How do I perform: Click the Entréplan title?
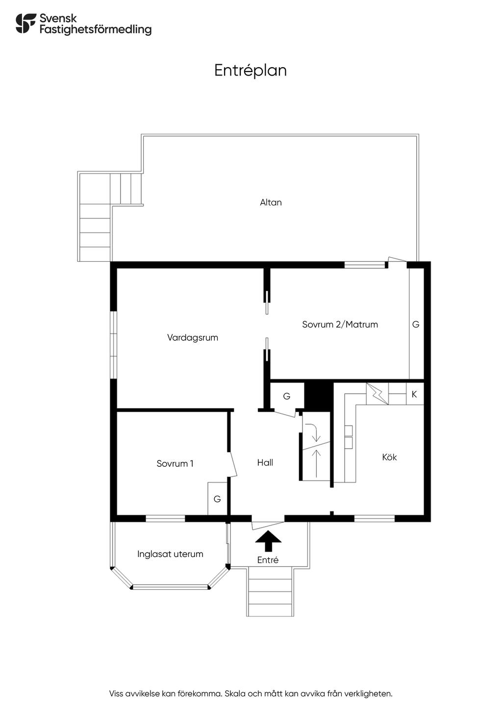[x=250, y=71]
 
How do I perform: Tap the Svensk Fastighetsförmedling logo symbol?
[x=25, y=23]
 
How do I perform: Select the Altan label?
[x=271, y=203]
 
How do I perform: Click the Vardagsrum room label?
[x=192, y=338]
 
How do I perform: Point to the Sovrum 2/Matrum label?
[x=340, y=325]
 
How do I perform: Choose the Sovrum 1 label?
[x=175, y=464]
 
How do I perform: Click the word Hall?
[x=265, y=462]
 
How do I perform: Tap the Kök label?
[x=389, y=457]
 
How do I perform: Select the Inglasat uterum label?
[x=170, y=554]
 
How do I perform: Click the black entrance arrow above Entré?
[x=269, y=541]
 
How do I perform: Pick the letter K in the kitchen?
[x=414, y=394]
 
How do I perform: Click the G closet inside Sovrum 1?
[x=217, y=499]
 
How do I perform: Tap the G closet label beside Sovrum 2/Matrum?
[x=416, y=325]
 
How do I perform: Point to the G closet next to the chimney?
[x=287, y=396]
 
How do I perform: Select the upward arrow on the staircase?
[x=316, y=463]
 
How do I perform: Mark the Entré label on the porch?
[x=268, y=560]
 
